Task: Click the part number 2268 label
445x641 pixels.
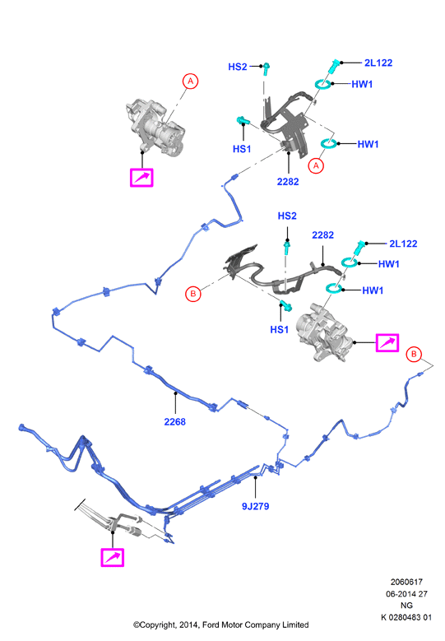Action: pos(175,421)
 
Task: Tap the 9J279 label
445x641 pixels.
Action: pos(255,506)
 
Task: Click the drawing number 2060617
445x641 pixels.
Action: pos(406,582)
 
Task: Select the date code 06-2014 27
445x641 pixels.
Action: pos(406,593)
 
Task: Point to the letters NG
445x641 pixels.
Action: pos(406,606)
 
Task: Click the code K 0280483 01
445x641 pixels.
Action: pos(406,617)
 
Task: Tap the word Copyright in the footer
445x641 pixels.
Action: pos(155,625)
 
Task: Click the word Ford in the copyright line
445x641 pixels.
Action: pos(211,625)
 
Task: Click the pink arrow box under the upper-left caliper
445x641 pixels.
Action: pos(141,178)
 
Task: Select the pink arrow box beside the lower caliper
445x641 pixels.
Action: pos(387,342)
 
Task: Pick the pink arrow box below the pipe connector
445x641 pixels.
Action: pos(113,558)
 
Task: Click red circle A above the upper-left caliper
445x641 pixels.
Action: pos(191,81)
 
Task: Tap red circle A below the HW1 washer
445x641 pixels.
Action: pos(316,165)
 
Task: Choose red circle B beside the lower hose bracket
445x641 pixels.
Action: pos(193,294)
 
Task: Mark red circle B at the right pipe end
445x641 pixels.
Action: pos(414,354)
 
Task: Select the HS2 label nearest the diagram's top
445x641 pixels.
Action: pos(238,67)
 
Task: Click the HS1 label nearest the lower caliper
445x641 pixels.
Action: pos(280,329)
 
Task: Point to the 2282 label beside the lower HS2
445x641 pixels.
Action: pos(322,235)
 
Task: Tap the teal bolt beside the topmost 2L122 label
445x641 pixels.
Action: pos(333,67)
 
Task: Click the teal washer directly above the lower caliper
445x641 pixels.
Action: pos(334,288)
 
